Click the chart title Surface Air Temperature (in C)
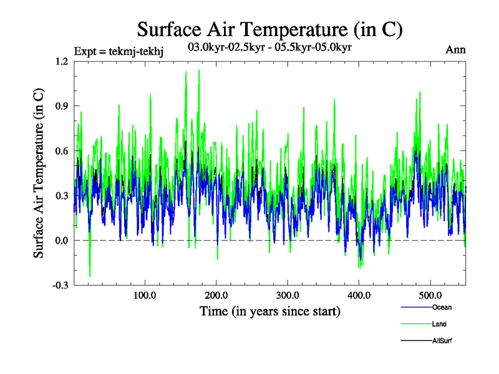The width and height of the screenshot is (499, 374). click(x=269, y=29)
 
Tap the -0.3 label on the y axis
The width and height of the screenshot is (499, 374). click(x=61, y=285)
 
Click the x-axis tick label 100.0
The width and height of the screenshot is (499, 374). click(x=145, y=295)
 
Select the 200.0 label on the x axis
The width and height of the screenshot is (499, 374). click(x=216, y=295)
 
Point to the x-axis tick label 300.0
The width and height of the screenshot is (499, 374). click(x=288, y=295)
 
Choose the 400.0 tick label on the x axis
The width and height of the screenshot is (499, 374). click(x=359, y=295)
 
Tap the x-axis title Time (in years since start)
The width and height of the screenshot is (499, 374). click(x=269, y=311)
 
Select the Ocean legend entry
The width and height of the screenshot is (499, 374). click(x=441, y=307)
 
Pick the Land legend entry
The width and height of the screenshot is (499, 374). click(x=438, y=324)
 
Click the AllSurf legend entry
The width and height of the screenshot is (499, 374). click(x=442, y=341)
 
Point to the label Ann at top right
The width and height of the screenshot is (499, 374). click(x=455, y=49)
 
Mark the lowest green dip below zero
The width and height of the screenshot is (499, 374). click(x=90, y=276)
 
